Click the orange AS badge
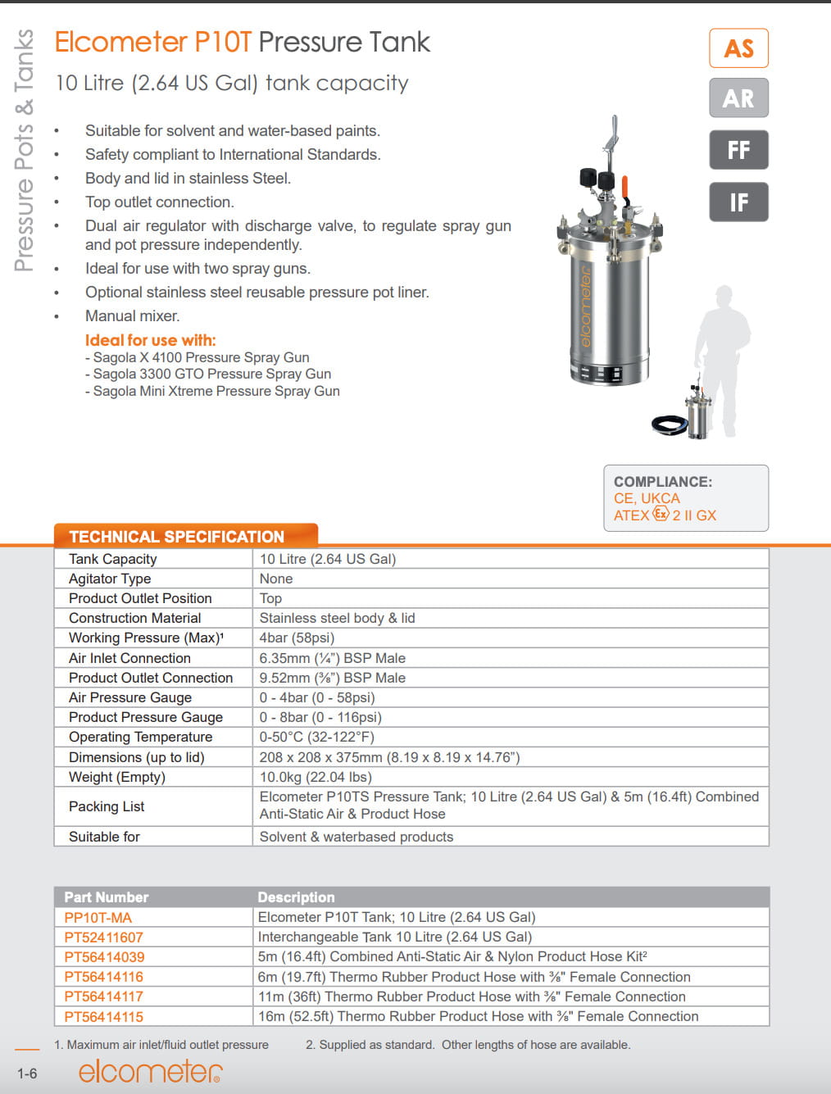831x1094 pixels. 738,48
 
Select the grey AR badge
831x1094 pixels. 738,98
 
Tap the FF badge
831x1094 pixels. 738,150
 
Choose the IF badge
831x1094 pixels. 738,202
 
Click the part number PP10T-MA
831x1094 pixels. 98,918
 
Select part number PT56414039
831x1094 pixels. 104,957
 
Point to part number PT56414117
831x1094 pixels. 104,996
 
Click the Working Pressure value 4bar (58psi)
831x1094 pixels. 297,638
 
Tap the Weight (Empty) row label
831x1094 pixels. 117,777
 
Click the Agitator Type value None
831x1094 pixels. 276,579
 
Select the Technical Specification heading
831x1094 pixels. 176,537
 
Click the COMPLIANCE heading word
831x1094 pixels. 663,482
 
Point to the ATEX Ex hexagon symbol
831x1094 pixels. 661,514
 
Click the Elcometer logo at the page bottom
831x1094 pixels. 150,1071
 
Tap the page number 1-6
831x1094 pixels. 27,1074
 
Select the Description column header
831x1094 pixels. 296,897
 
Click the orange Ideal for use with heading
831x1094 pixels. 151,340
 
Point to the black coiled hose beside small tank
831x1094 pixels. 668,425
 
